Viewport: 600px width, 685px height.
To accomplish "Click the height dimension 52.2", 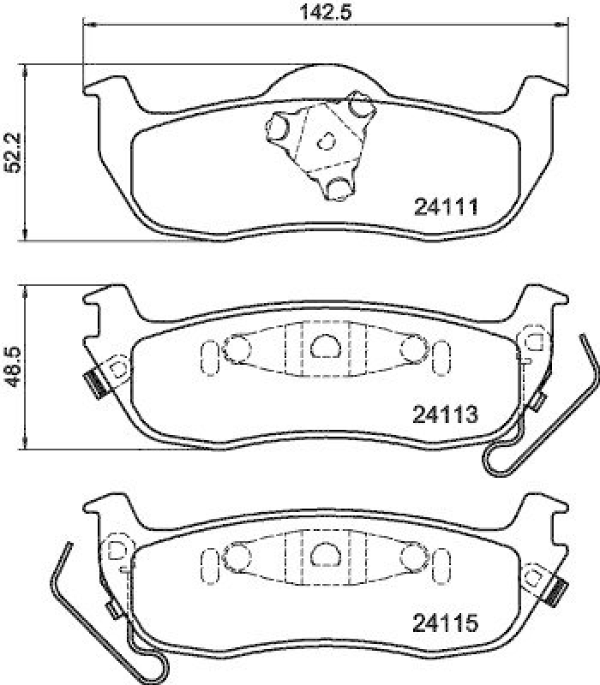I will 11,152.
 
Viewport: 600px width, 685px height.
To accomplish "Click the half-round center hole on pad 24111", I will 327,140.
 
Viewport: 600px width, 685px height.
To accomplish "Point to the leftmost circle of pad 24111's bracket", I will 279,129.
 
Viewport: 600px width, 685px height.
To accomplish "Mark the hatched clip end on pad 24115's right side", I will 560,589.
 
